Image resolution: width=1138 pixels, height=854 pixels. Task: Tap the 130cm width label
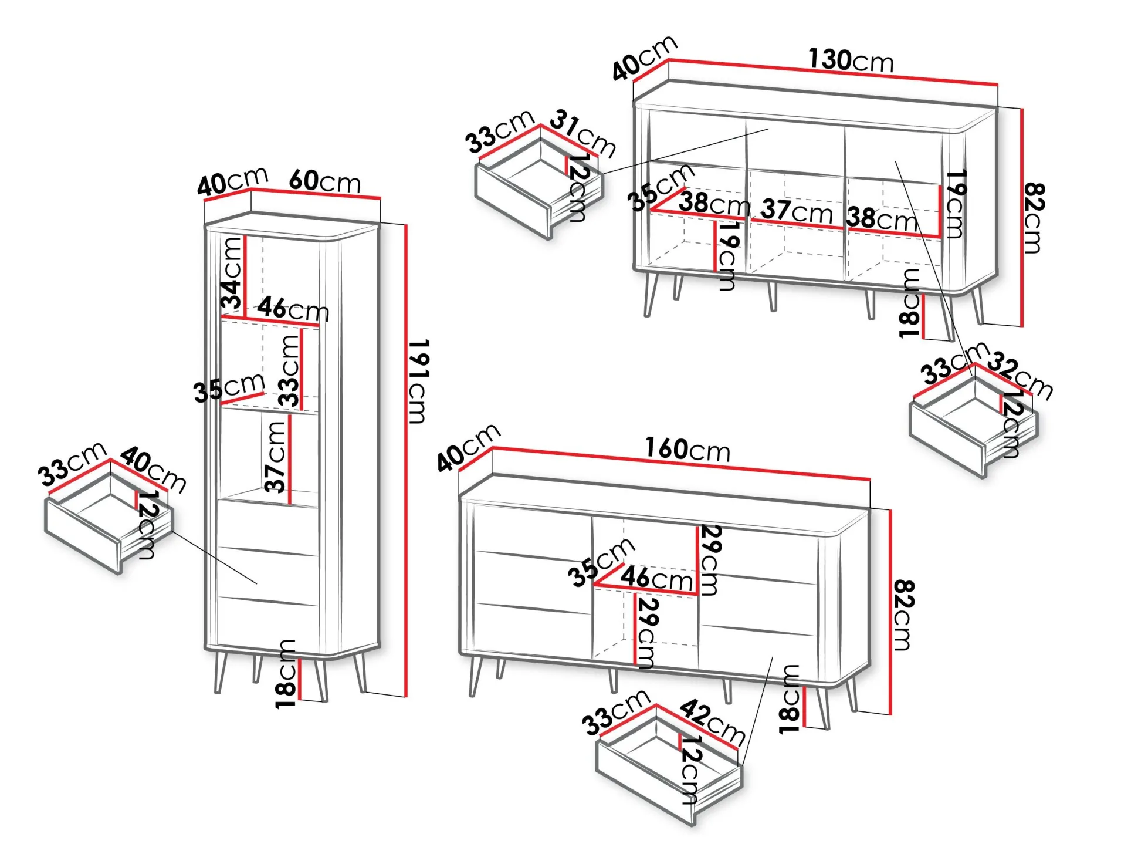point(851,60)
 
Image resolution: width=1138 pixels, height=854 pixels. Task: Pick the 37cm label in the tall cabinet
point(276,457)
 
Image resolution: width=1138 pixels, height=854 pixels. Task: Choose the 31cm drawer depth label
point(583,134)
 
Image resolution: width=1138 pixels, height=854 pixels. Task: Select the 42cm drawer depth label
point(713,721)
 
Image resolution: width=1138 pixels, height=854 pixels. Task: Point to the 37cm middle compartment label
point(797,211)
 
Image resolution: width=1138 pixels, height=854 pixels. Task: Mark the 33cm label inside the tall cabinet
point(290,371)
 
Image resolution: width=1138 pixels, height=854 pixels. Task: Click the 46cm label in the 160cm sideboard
point(656,578)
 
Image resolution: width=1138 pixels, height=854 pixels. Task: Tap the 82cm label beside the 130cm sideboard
point(1034,217)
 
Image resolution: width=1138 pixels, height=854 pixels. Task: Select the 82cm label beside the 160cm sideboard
point(903,615)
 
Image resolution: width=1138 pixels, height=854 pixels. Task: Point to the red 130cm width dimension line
point(833,72)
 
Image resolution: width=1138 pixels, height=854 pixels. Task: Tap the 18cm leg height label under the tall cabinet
point(286,674)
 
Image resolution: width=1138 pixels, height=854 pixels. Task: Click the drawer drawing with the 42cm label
point(669,769)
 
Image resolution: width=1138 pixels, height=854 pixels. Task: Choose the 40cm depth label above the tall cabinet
point(232,181)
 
